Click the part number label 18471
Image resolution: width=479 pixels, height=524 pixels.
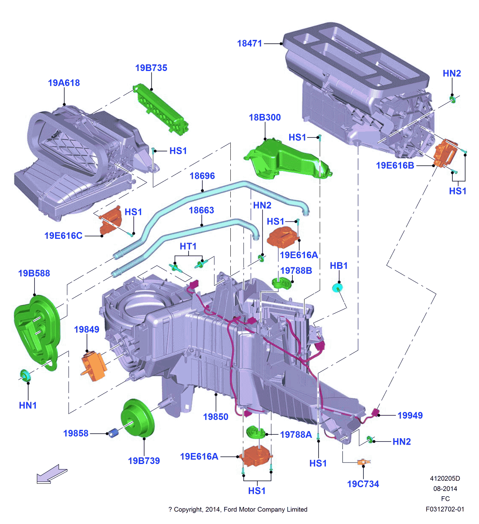pyautogui.click(x=249, y=44)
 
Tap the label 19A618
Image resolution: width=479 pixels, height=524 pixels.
pyautogui.click(x=64, y=83)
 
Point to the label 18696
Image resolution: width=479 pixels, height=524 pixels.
pyautogui.click(x=202, y=176)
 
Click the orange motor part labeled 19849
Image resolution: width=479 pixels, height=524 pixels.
pyautogui.click(x=94, y=365)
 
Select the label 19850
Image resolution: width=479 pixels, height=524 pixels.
pyautogui.click(x=216, y=417)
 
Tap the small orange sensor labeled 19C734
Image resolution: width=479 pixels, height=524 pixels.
pyautogui.click(x=363, y=462)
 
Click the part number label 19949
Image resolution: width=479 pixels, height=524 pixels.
pyautogui.click(x=410, y=415)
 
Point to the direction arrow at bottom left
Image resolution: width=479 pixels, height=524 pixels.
pyautogui.click(x=51, y=475)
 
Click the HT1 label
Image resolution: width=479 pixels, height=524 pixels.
pyautogui.click(x=188, y=246)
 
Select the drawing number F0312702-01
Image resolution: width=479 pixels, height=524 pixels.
pyautogui.click(x=445, y=509)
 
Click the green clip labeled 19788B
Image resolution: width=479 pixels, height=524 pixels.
pyautogui.click(x=281, y=283)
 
